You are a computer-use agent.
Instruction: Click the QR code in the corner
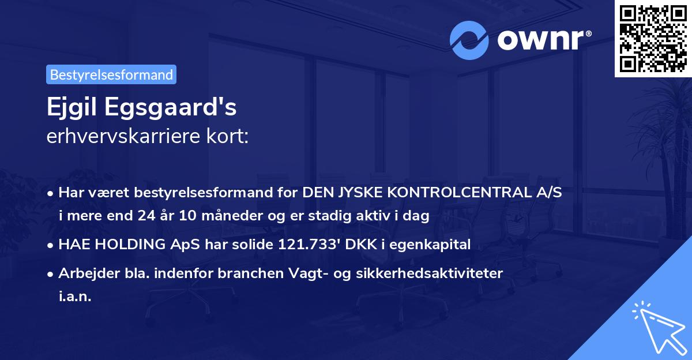point(653,39)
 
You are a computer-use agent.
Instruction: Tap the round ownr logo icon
point(469,40)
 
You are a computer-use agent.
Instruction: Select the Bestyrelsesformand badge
point(111,74)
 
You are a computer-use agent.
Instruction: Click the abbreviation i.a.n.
point(75,296)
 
